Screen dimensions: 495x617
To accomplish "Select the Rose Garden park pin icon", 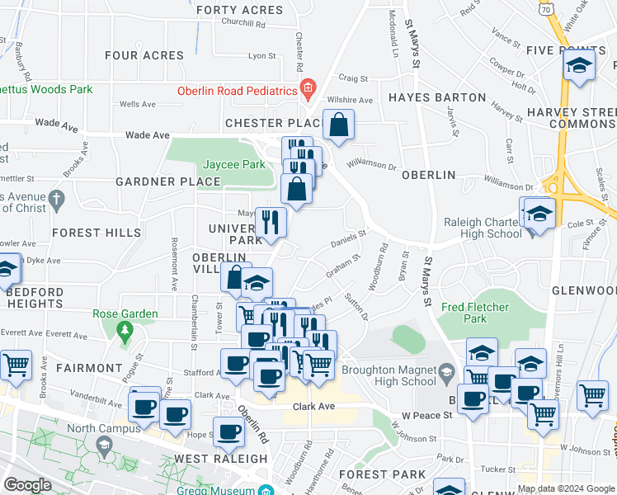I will [125, 332].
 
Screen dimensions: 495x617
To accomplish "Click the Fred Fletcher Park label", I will [475, 312].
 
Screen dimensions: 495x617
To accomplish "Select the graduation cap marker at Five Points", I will [580, 67].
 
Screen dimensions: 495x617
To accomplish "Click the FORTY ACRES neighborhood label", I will [239, 11].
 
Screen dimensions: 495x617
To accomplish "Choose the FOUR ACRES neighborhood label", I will [144, 55].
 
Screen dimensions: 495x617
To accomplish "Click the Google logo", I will [27, 485].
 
